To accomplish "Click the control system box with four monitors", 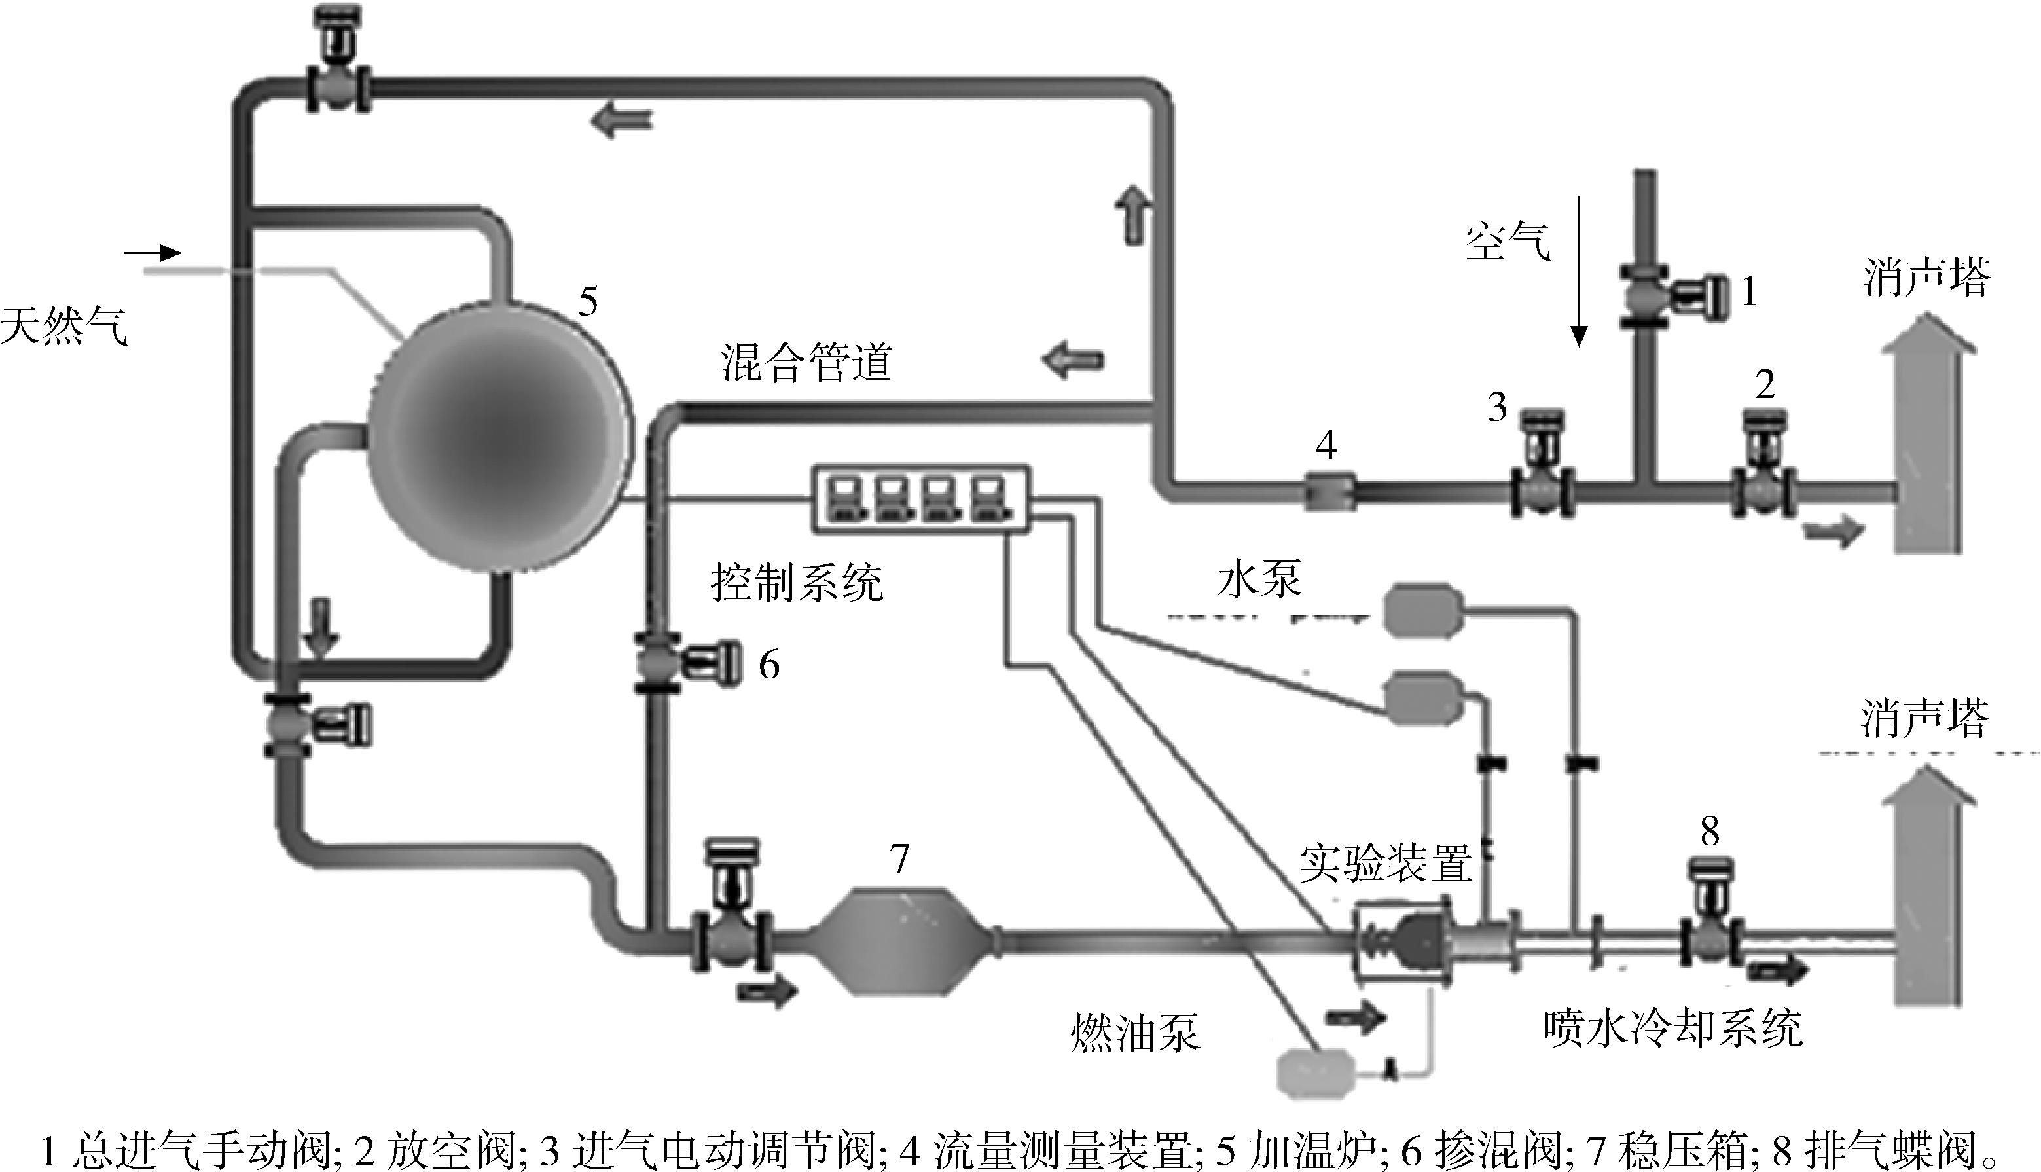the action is pos(920,498).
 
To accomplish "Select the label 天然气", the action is pos(64,327).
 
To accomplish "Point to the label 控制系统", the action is pos(797,583).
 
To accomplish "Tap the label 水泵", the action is pos(1260,579).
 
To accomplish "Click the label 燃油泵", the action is pos(1135,1033).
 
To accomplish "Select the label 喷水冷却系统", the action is pos(1673,1028).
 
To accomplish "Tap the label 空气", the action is pos(1508,242).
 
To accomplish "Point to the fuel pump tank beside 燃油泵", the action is pos(1317,1071).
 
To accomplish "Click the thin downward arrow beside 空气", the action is pos(1580,270).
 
